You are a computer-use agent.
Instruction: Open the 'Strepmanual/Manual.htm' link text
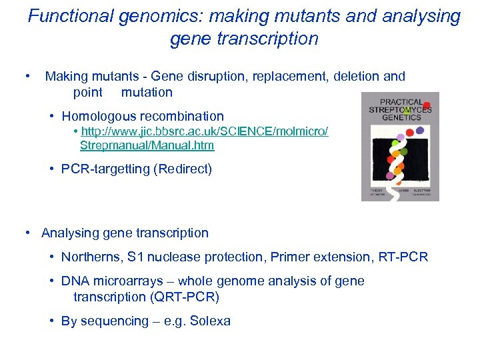(x=147, y=145)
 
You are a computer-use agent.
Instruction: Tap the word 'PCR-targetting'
(x=105, y=169)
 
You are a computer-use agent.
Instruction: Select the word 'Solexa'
(x=210, y=321)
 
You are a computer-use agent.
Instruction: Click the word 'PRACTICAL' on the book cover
(x=400, y=102)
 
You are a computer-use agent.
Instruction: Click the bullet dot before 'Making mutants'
(x=27, y=77)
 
